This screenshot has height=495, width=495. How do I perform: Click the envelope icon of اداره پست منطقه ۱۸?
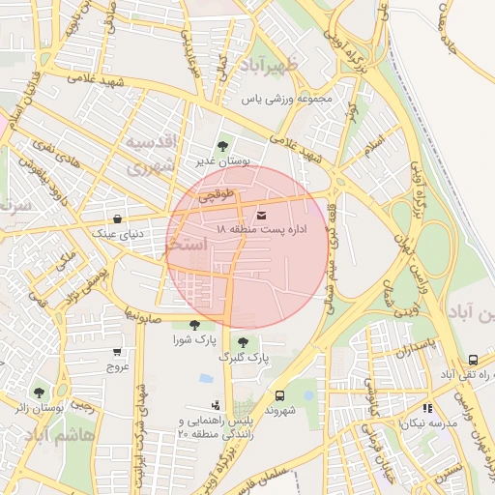click(x=263, y=214)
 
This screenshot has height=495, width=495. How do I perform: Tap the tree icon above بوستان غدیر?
click(x=223, y=147)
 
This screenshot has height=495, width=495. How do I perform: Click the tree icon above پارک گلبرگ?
click(x=243, y=342)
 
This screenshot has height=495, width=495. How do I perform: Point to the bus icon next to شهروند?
click(x=279, y=395)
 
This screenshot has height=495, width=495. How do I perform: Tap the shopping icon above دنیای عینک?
click(x=118, y=218)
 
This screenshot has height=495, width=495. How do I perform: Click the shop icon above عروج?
click(x=118, y=352)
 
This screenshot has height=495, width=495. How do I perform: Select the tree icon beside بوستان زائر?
click(x=39, y=393)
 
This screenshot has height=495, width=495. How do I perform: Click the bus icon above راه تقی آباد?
click(x=472, y=360)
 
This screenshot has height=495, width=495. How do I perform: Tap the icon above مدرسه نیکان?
click(x=426, y=409)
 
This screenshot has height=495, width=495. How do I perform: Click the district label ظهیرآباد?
click(x=281, y=66)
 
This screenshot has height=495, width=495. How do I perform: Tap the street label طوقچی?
click(x=217, y=195)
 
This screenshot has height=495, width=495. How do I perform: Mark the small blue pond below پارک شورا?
click(x=205, y=378)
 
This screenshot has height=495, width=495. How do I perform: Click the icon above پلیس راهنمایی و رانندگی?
click(x=216, y=406)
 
